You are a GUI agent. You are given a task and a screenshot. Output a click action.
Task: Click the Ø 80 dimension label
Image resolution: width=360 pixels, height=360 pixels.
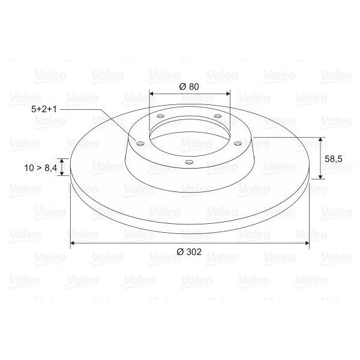(189, 86)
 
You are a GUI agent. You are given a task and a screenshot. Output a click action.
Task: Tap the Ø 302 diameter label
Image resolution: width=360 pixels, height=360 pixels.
(190, 253)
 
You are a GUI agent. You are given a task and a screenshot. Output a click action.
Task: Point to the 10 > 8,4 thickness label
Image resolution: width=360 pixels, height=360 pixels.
(41, 169)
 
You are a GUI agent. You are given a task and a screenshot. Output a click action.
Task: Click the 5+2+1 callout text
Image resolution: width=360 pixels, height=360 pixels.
(45, 110)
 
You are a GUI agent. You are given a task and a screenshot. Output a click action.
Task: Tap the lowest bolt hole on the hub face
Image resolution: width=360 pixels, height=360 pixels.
(189, 162)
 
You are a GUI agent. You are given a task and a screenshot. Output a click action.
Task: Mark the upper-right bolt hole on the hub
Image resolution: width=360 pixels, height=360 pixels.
(218, 116)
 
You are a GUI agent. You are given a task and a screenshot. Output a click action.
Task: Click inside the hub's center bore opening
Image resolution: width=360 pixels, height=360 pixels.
(189, 135)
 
